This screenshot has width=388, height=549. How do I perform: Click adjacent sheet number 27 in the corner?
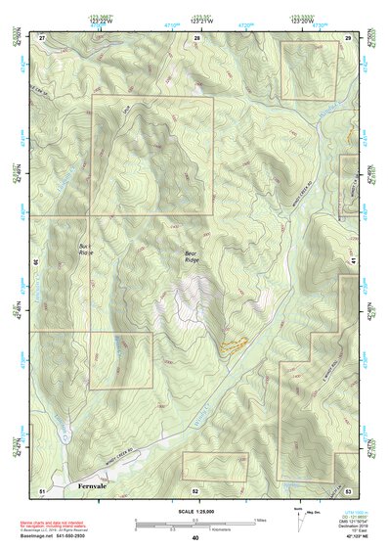tap(42, 36)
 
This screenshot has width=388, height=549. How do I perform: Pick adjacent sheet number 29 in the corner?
tap(348, 36)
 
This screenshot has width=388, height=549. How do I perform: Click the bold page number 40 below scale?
tap(195, 538)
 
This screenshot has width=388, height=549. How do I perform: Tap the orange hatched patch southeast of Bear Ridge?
tap(232, 344)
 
